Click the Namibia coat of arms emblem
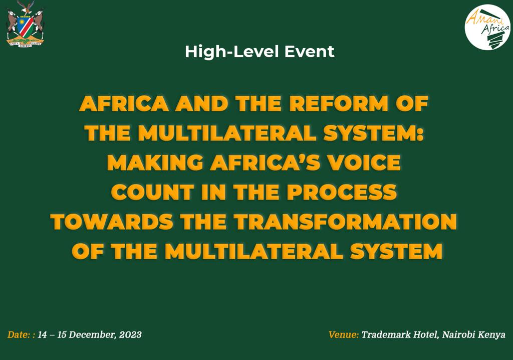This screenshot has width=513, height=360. click(x=25, y=24)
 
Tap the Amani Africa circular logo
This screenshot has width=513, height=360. click(x=487, y=27)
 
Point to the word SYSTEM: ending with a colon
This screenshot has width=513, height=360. click(x=373, y=133)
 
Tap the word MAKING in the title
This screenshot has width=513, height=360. click(x=155, y=162)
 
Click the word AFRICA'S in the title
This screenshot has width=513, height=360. click(x=266, y=162)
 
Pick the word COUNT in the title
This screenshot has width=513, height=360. click(x=152, y=192)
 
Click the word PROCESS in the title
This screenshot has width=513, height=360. click(x=342, y=192)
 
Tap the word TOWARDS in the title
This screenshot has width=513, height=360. click(x=112, y=222)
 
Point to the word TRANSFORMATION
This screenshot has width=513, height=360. click(x=345, y=222)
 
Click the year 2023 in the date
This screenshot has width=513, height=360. click(x=130, y=334)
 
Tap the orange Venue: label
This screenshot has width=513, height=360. click(x=344, y=334)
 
